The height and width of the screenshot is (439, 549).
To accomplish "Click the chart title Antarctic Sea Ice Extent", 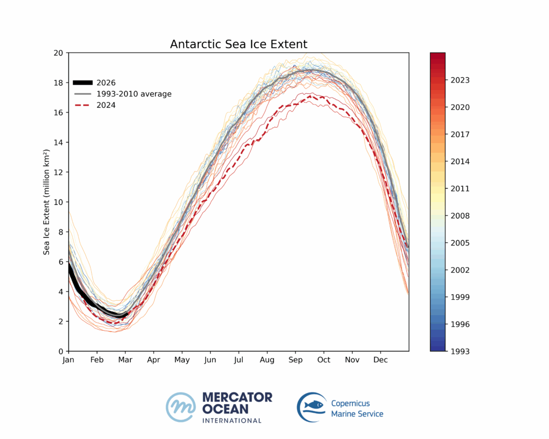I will [239, 44].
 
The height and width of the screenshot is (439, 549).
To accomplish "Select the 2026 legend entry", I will [106, 83].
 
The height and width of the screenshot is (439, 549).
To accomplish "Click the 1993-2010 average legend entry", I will [134, 94].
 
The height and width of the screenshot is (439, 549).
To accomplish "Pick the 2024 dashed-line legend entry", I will [106, 105].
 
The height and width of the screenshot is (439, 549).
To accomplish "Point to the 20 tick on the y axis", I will [58, 53].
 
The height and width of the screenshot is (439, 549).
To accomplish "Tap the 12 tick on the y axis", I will [58, 172].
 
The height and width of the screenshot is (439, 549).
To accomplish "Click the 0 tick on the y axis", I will [61, 351].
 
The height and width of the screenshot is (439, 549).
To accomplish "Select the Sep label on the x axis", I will [295, 360].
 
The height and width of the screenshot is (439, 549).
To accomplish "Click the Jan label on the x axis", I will [68, 360].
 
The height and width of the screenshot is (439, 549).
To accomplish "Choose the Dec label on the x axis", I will [381, 360].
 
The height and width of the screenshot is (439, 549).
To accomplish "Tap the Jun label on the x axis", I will [210, 360].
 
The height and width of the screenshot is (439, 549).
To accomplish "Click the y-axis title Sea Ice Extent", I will [47, 202].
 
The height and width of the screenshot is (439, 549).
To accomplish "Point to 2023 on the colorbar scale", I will [461, 80].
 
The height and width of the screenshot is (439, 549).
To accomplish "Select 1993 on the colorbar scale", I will [461, 351].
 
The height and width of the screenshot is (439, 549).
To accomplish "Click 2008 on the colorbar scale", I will [461, 216].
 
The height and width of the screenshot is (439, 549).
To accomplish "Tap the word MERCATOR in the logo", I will [237, 397].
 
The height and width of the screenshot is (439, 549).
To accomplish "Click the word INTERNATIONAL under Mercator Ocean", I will [232, 420].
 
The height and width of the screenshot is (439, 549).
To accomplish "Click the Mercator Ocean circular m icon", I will [181, 407].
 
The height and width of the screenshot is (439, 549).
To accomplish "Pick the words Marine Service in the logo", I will [357, 414].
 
